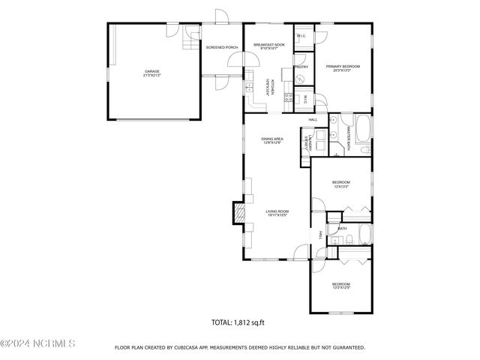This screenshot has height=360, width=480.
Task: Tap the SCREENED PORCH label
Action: click(222, 47)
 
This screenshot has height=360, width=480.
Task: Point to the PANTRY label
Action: click(301, 67)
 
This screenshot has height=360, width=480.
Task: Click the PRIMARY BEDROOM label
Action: click(343, 67)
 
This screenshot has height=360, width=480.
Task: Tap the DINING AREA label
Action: click(271, 139)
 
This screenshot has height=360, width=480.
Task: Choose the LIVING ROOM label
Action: click(277, 211)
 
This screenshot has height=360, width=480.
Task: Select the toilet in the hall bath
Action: click(349, 239)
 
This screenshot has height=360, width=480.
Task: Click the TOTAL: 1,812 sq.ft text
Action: click(240, 323)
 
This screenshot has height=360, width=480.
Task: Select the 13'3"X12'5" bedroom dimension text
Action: click(341, 286)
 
